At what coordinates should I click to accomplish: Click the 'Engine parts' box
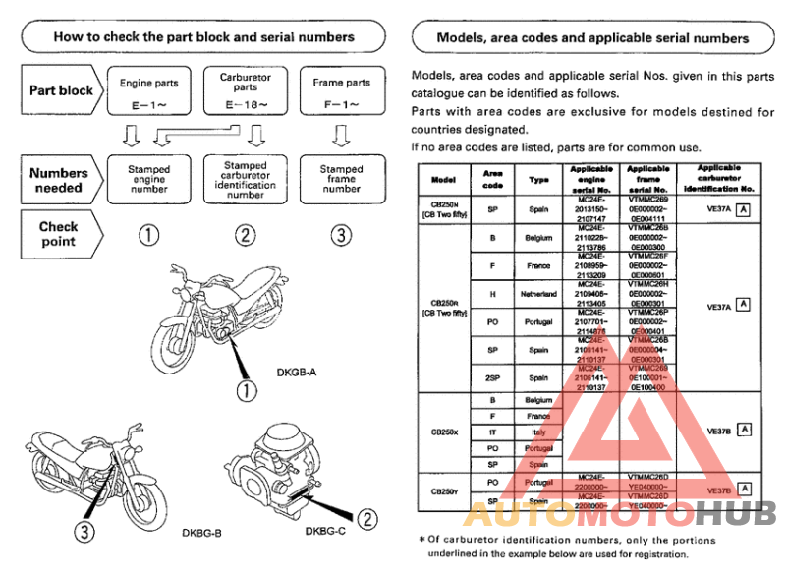pos(148,90)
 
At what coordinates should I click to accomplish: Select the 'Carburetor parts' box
pos(246,89)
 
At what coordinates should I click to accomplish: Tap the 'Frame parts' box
pos(341,90)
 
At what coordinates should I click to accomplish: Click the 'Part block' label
pos(61,90)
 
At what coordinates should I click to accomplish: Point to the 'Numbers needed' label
pos(60,180)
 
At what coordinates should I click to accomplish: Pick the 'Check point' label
pos(59,233)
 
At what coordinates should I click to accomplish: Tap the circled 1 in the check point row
pos(148,234)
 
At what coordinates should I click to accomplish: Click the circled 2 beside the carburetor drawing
pos(365,518)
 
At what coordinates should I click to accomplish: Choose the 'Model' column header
pos(443,179)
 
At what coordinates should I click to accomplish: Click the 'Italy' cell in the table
pos(538,432)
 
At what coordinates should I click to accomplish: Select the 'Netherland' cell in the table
pos(538,294)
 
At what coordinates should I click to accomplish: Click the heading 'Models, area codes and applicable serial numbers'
pos(591,38)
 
